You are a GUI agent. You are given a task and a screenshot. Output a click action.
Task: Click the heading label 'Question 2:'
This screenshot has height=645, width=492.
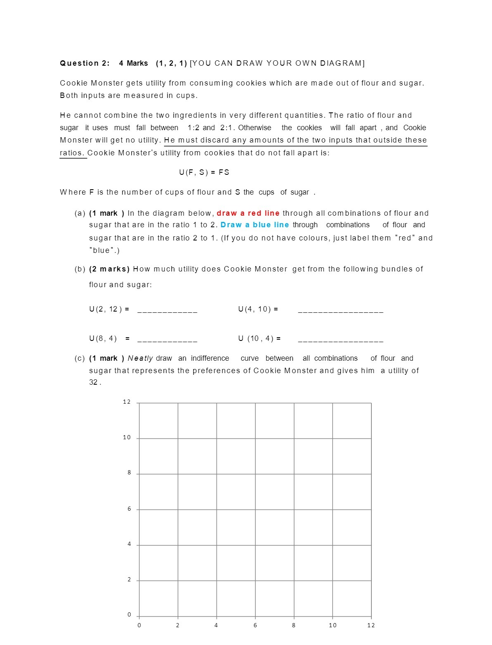click(85, 63)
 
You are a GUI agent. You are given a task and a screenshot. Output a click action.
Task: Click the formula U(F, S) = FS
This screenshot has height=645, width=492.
click(204, 172)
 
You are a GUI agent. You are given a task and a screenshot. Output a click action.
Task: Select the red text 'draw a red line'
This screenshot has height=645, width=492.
click(248, 213)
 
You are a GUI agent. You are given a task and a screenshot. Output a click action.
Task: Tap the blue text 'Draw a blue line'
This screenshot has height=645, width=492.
click(254, 225)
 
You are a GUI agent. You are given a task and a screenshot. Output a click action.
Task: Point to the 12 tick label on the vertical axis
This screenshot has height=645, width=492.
click(126, 402)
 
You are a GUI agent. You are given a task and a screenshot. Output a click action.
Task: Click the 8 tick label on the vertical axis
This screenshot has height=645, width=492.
click(129, 473)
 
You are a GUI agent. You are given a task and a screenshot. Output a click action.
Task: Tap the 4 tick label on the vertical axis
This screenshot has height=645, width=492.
click(129, 544)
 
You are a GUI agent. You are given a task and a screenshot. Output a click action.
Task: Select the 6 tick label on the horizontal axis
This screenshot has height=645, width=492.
click(255, 625)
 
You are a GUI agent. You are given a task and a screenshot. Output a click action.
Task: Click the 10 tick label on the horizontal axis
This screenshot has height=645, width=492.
click(333, 625)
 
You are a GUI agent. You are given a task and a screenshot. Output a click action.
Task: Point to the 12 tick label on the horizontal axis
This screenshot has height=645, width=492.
click(371, 625)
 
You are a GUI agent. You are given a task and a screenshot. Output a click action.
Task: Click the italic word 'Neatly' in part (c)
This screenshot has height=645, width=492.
click(140, 358)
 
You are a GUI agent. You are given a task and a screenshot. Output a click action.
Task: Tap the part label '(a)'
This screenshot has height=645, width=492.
click(80, 213)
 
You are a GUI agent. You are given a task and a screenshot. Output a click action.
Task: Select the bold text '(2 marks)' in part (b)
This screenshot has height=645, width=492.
click(109, 269)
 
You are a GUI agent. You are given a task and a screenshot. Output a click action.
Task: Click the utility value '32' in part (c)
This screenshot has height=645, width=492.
click(93, 382)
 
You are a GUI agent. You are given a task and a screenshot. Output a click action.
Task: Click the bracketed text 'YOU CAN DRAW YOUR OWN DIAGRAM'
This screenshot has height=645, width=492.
click(277, 63)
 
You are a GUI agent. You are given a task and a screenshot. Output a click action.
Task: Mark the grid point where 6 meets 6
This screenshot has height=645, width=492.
click(255, 509)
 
